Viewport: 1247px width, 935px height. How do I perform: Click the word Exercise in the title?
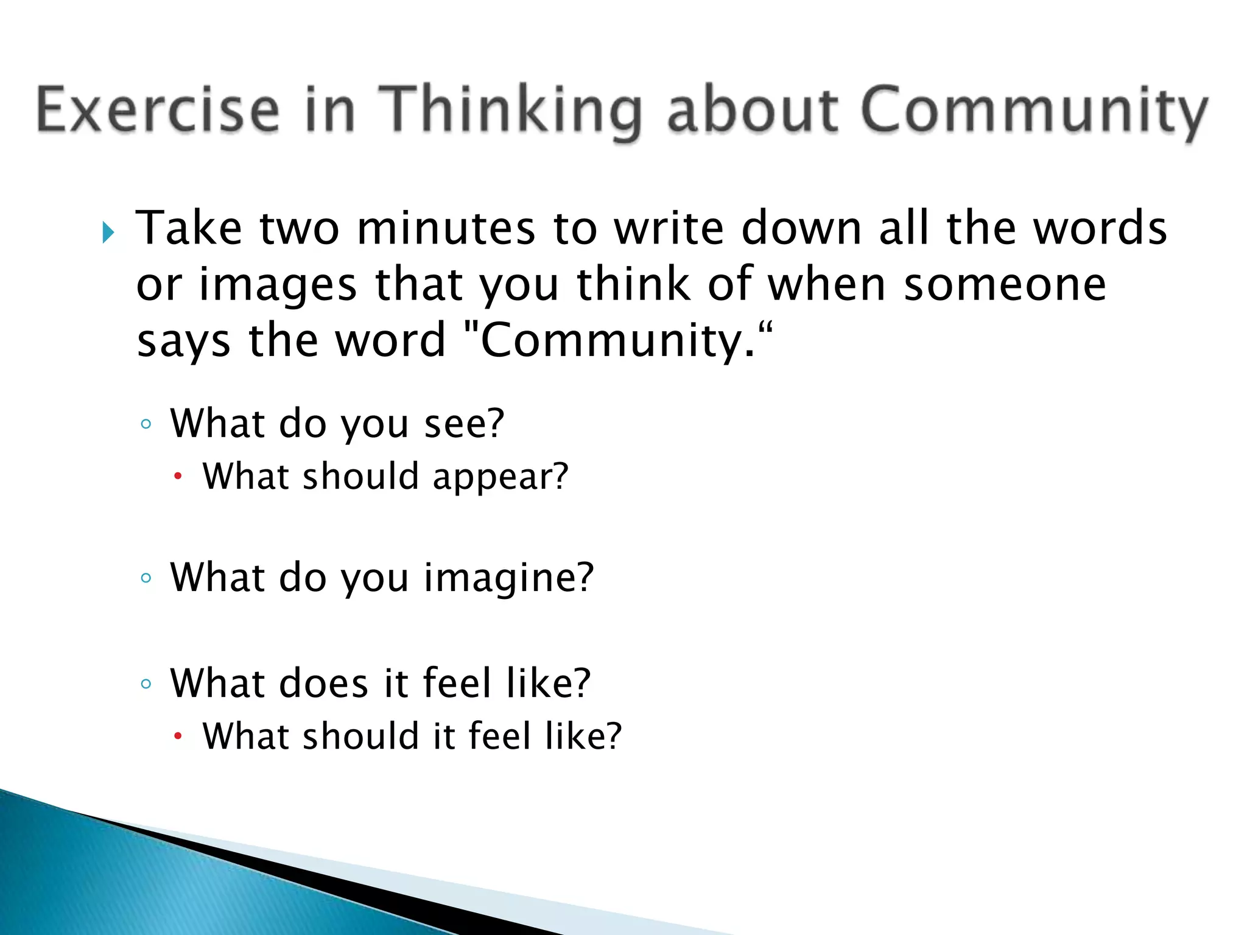tap(158, 110)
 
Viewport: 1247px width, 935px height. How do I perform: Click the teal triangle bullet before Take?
tap(108, 232)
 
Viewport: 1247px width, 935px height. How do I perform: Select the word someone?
tap(1005, 284)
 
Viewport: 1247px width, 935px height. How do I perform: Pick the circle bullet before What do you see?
tap(146, 424)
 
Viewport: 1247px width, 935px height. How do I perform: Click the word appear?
tap(500, 477)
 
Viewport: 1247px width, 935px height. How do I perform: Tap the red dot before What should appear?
tap(178, 477)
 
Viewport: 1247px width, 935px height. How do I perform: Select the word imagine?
tap(508, 578)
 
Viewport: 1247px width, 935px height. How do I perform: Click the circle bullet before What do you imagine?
tap(146, 578)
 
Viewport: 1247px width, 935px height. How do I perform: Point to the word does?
tap(324, 683)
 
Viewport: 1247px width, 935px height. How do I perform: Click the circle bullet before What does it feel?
tap(146, 684)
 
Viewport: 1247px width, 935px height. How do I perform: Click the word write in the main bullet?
tap(669, 228)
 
